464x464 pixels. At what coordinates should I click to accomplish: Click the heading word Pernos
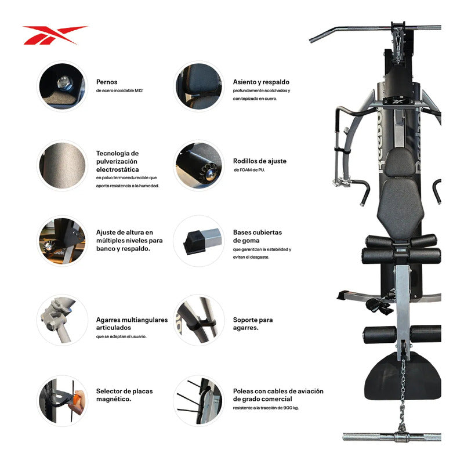107,82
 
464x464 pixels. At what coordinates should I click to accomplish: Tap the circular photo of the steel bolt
62,86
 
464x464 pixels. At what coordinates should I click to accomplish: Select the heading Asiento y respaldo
261,82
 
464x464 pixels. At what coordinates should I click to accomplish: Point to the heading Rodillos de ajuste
259,161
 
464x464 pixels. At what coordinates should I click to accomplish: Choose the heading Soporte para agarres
253,324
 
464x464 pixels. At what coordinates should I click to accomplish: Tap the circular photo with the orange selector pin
62,401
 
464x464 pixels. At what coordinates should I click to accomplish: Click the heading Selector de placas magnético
124,395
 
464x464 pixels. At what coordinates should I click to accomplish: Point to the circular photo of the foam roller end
198,165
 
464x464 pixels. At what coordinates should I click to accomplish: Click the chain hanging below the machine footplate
402,394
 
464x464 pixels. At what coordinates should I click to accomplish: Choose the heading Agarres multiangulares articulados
132,324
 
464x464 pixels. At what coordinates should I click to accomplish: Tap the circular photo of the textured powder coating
62,165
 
